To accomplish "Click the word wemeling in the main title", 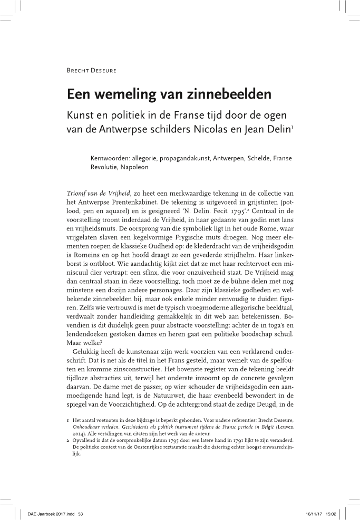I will click(123, 95).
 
